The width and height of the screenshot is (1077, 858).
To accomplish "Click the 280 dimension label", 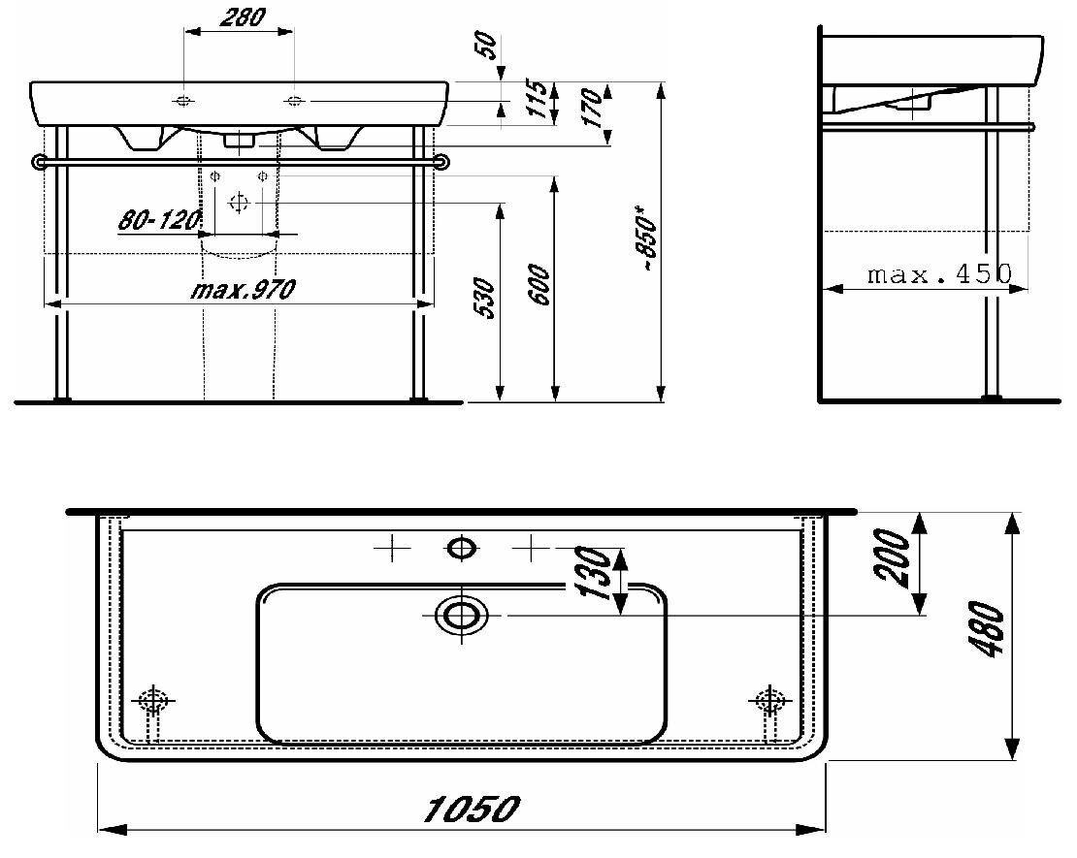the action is [243, 17].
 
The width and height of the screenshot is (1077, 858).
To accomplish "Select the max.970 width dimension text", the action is [244, 290].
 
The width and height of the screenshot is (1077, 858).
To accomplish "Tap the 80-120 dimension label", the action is [159, 220].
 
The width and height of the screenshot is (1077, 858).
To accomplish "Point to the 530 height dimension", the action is [484, 298].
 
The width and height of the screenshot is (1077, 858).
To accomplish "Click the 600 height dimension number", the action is [540, 284].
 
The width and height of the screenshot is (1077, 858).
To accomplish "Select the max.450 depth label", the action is [939, 274].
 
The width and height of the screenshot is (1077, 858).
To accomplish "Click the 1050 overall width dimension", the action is [472, 810].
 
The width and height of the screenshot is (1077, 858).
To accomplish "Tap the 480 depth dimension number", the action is [987, 630].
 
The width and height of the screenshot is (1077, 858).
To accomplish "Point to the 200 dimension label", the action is [893, 557].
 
